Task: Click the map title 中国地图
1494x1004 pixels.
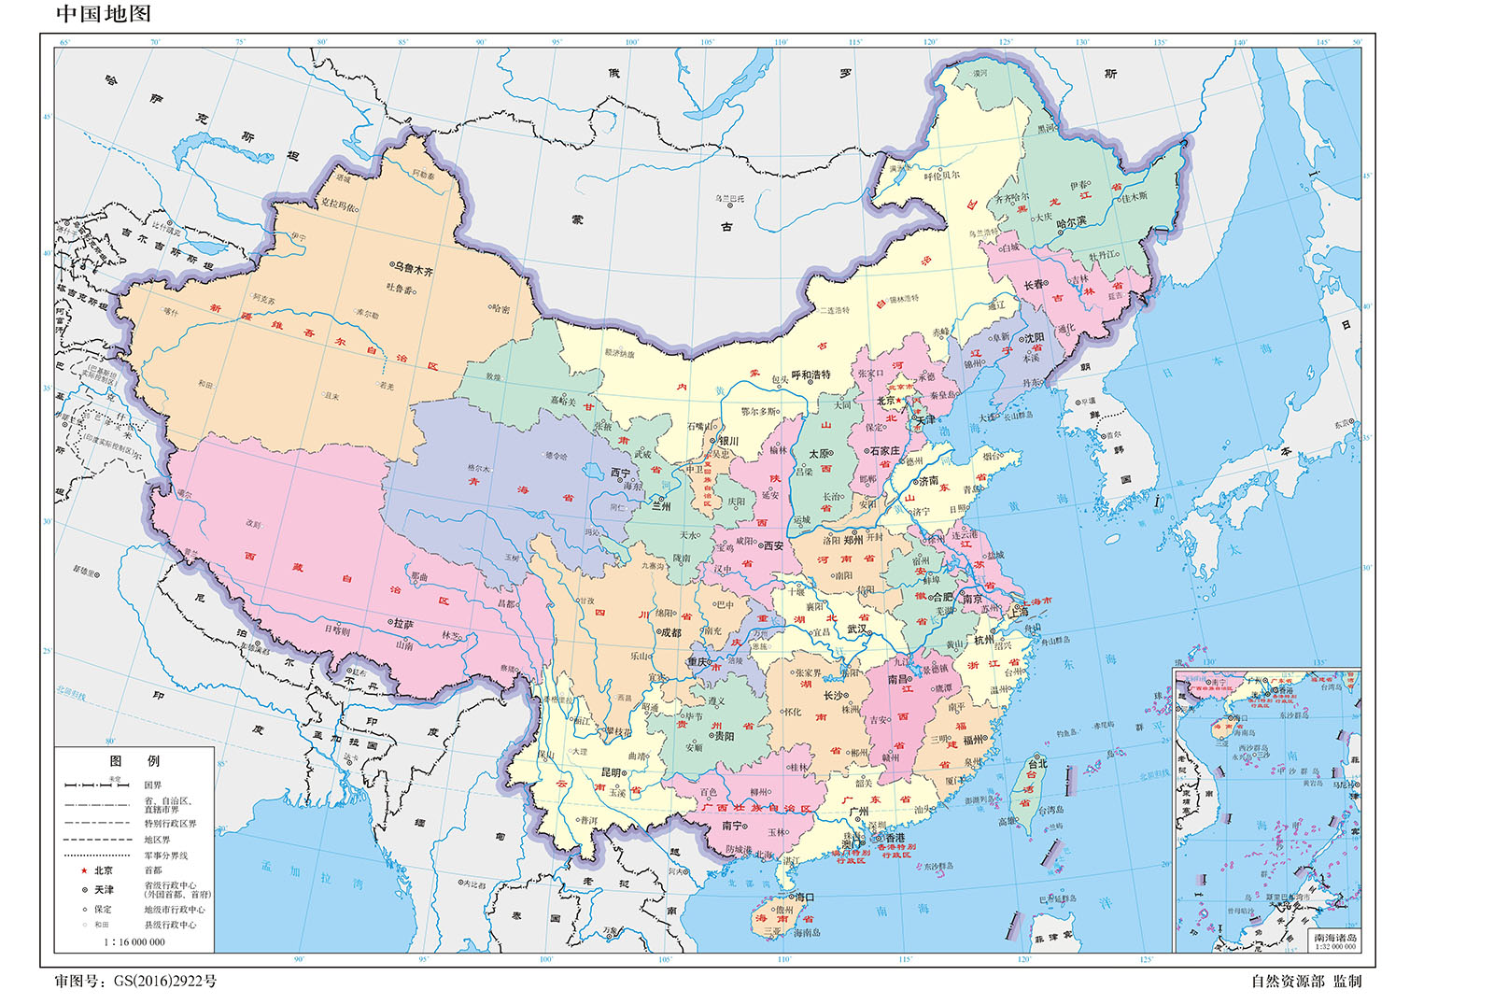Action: pos(103,14)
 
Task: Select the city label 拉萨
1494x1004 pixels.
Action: pos(403,623)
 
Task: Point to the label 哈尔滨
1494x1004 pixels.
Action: pos(1070,222)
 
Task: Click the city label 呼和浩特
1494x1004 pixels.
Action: pos(810,375)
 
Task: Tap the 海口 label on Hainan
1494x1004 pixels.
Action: pos(805,897)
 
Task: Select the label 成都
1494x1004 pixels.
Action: pos(670,632)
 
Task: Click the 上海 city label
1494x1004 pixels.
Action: pos(1018,612)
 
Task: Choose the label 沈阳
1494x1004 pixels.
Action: pos(1035,338)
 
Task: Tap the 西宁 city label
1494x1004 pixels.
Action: pos(620,473)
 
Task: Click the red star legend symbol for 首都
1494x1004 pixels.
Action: pos(84,870)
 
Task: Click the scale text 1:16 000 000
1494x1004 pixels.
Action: pos(134,941)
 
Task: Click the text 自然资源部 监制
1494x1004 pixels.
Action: pos(1305,981)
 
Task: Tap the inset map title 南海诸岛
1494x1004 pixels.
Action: pos(1335,937)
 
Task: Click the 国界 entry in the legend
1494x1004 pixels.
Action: pos(152,785)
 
